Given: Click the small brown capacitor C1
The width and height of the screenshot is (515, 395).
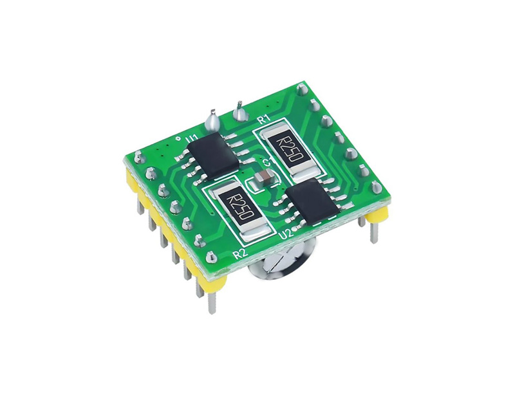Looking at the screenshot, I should point(263,177).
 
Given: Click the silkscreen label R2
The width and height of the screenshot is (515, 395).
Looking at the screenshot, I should point(239,254).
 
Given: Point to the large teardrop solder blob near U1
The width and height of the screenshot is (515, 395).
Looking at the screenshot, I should point(212,120).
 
